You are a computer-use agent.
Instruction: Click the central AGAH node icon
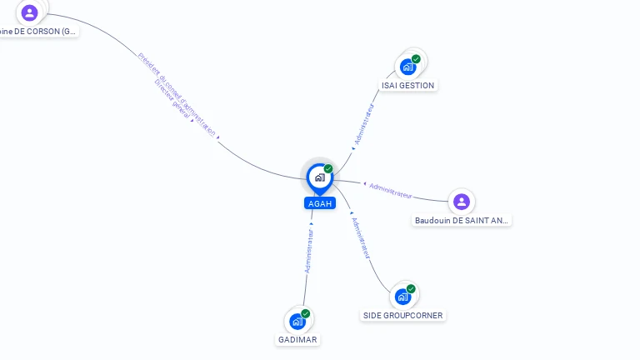point(319,177)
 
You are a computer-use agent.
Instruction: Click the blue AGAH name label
point(319,203)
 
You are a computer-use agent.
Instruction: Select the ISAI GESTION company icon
point(407,67)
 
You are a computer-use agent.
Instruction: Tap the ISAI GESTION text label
point(407,85)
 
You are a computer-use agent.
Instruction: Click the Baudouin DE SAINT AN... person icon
point(462,202)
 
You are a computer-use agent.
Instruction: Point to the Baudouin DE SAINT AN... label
point(462,221)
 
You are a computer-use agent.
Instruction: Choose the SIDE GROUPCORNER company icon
point(403,297)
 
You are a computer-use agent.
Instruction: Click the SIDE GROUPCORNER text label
point(403,316)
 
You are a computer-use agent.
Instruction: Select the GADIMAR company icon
point(297,321)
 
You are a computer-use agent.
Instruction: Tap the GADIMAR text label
point(297,340)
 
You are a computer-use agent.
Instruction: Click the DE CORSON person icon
point(30,12)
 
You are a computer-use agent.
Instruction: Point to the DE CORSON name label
point(38,32)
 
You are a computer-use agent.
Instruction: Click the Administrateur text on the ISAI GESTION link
point(364,124)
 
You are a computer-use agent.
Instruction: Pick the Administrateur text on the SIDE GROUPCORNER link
point(360,237)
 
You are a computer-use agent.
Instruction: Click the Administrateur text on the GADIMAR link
point(309,251)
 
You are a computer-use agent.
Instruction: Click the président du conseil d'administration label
point(177,92)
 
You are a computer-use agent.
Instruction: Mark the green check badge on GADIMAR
point(306,313)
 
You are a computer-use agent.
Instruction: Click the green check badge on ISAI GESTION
point(416,59)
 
